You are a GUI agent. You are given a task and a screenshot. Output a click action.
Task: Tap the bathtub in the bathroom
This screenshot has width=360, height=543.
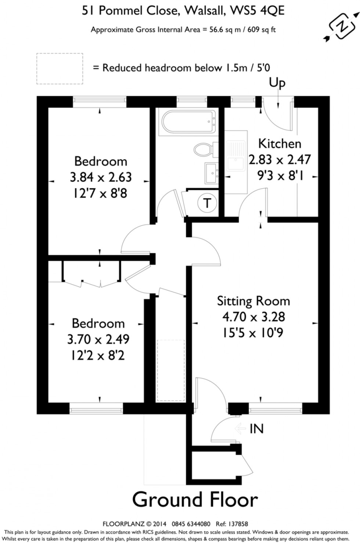click(187, 122)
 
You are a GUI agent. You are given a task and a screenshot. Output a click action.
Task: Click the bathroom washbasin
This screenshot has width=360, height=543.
click(211, 172)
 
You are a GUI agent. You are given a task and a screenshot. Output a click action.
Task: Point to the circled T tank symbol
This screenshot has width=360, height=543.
click(208, 203)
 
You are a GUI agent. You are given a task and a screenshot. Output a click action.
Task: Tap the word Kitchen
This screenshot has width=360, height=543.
click(280, 143)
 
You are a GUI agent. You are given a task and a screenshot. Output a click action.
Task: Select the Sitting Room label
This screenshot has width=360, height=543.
click(253, 301)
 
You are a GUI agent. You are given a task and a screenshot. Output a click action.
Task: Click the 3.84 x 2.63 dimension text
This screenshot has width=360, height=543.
click(101, 177)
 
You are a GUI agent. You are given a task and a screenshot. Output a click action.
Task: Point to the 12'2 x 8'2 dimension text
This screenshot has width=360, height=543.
click(98, 355)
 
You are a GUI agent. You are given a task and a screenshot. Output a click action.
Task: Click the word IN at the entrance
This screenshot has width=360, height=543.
click(256, 429)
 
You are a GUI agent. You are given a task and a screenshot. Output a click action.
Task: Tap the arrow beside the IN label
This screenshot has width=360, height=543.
click(240, 428)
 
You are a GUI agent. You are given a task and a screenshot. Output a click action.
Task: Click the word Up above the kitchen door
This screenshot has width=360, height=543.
click(277, 83)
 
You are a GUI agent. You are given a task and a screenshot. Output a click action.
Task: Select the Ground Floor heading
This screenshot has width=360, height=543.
click(195, 500)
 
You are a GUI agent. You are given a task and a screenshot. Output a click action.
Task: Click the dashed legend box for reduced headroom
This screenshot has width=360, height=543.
click(59, 68)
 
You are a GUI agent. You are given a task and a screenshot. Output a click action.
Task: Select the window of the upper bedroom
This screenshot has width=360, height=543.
click(100, 101)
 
